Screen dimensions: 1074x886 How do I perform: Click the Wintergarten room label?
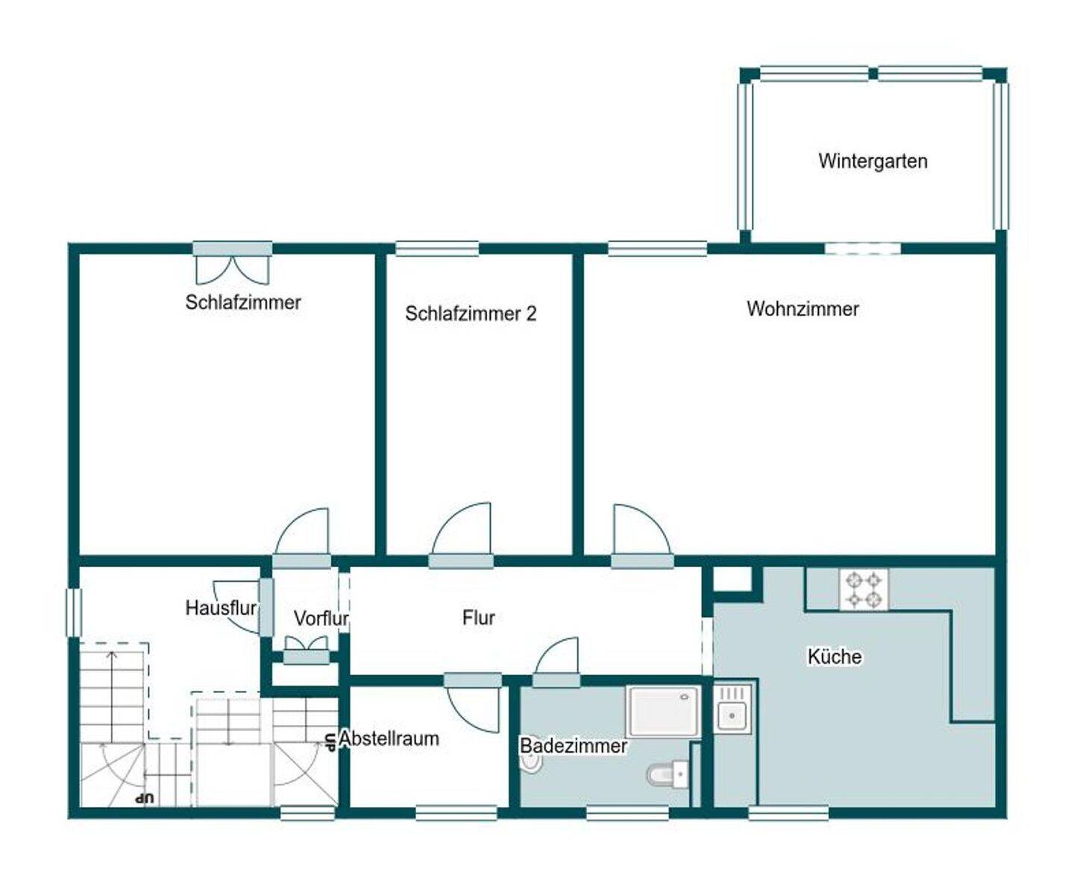coord(873,162)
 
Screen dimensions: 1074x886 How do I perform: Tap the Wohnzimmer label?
coord(803,308)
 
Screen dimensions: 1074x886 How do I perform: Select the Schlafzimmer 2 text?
coord(471,314)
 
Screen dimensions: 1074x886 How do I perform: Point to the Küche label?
coord(835,656)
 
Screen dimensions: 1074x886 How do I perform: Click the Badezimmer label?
coord(574,746)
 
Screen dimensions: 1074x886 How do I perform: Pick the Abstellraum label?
coord(389,738)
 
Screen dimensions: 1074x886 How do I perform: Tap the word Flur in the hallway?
coord(478,617)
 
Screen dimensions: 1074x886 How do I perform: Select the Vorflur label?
coord(321,618)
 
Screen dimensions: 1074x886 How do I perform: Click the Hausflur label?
coord(221,608)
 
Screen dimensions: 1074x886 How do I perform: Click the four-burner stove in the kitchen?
coord(864,589)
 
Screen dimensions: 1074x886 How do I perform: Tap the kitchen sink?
coord(732,707)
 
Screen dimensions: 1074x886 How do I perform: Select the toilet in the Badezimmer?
coord(668,774)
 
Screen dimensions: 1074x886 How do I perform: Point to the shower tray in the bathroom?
coord(663,712)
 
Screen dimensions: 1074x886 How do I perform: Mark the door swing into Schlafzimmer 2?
coord(462,529)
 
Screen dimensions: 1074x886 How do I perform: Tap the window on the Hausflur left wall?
coord(74,612)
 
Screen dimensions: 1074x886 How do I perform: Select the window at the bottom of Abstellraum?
coord(456,812)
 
